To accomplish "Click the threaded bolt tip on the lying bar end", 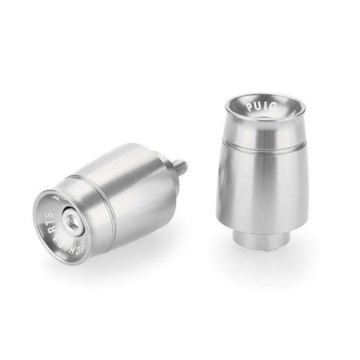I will (181, 164).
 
